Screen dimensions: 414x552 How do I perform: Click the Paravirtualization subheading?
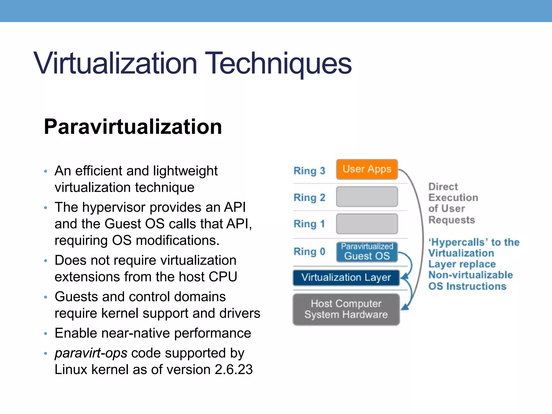[x=133, y=127]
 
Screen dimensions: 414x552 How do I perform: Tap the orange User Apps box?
[x=367, y=169]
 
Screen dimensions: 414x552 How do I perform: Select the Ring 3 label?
[x=309, y=171]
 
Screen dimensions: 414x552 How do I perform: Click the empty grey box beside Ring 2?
[x=367, y=197]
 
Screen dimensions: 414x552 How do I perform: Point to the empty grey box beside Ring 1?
[x=367, y=224]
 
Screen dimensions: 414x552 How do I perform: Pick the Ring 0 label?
[x=309, y=251]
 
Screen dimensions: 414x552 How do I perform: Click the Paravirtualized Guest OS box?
[x=367, y=252]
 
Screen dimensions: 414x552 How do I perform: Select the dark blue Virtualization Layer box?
[x=346, y=278]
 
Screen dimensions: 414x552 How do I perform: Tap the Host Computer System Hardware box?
[x=346, y=309]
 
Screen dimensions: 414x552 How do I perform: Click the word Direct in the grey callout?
[x=443, y=187]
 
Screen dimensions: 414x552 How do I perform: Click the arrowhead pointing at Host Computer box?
[x=405, y=307]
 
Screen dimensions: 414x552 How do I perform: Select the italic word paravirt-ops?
[x=91, y=353]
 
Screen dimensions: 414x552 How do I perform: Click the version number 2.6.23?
[x=234, y=370]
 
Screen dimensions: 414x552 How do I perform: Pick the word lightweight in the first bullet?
[x=185, y=171]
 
